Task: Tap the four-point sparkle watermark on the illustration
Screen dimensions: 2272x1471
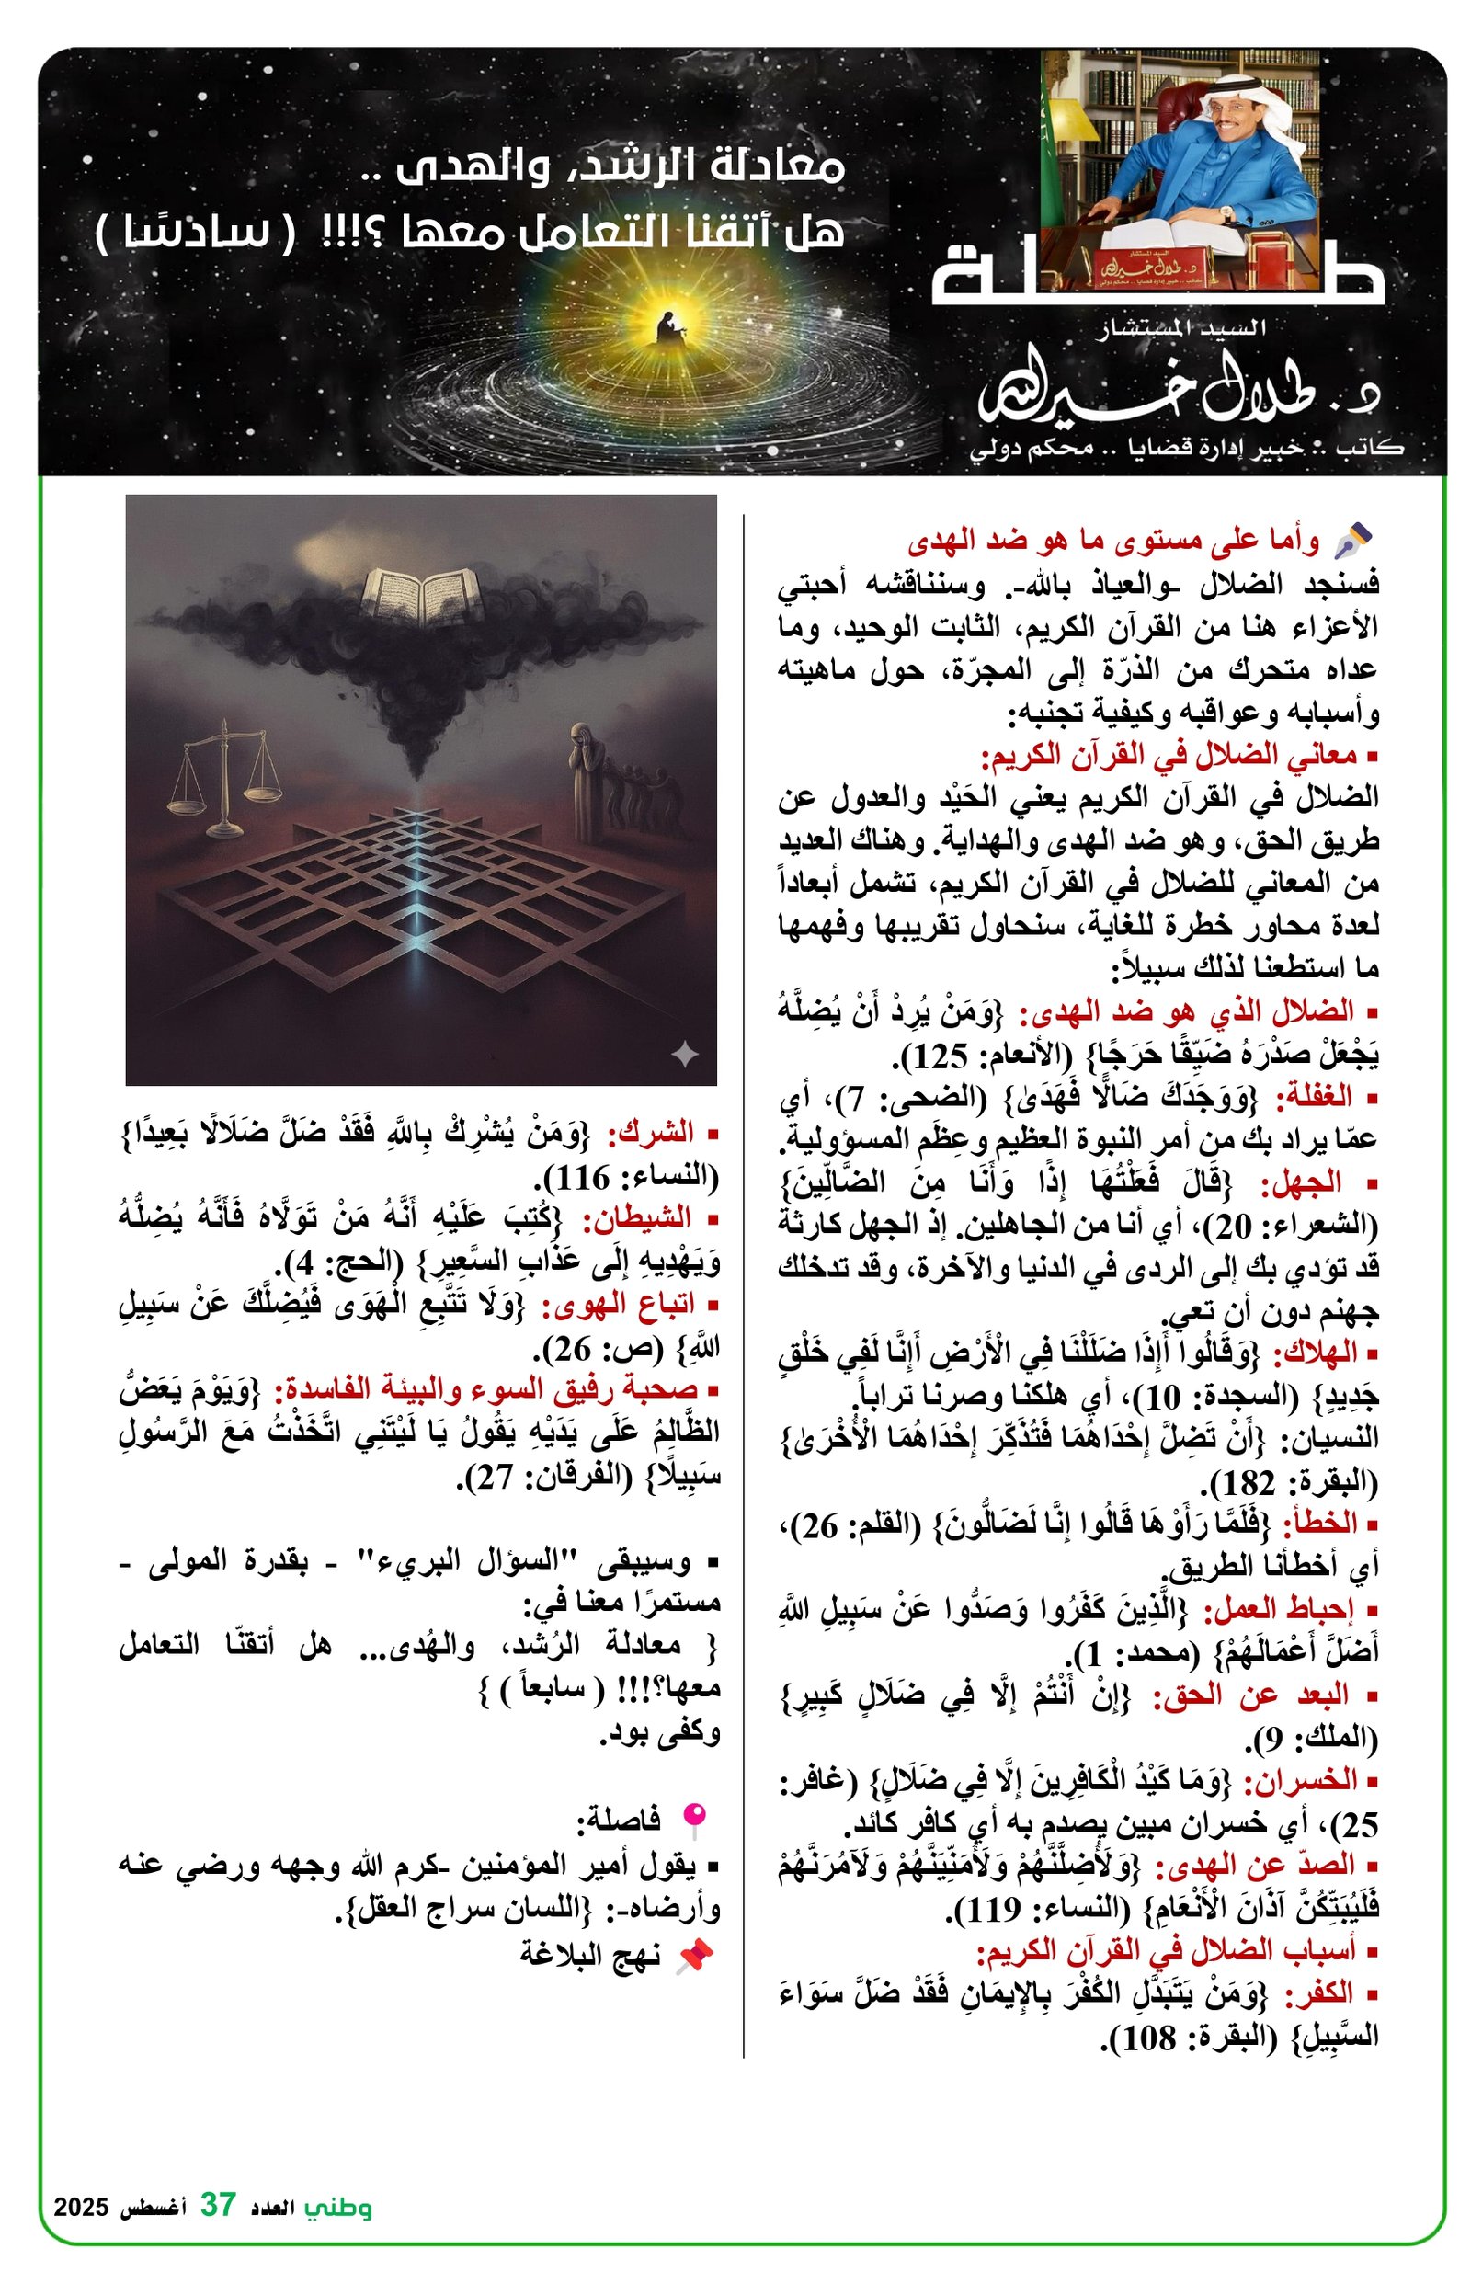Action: (684, 1054)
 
